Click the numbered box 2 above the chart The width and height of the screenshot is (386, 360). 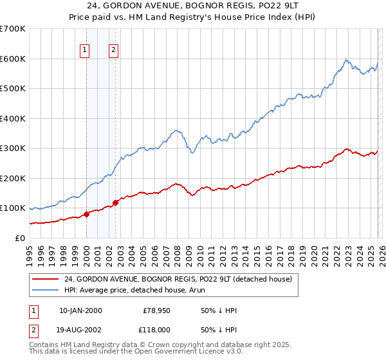pos(114,51)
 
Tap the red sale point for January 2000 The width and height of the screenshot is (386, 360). pos(86,215)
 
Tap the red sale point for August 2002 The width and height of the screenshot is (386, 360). pos(116,203)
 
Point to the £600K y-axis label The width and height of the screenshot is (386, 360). pos(13,59)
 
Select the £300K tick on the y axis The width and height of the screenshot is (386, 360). pos(13,148)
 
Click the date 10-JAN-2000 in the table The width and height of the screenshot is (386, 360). pos(80,310)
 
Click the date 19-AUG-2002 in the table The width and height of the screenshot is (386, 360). pos(80,328)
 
